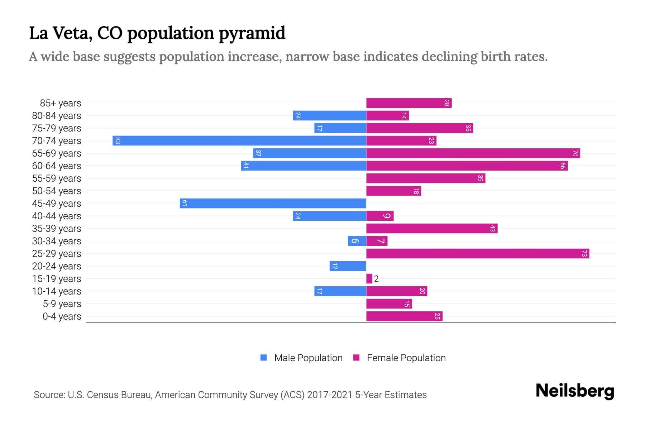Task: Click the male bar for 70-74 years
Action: [239, 140]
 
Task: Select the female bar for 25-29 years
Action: [478, 253]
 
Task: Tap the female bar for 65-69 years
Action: [473, 153]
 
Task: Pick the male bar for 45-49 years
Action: [273, 203]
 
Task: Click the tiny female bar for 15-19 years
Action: [369, 278]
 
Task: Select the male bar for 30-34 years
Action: [357, 241]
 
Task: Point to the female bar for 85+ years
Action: [409, 103]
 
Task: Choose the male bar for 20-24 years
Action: [348, 266]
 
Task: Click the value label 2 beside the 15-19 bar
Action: [376, 279]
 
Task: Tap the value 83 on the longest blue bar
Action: [118, 140]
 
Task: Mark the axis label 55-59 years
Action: [57, 178]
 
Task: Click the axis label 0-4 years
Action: [62, 316]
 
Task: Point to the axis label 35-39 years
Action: [57, 229]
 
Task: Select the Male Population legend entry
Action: [308, 358]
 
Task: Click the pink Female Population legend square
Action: [356, 358]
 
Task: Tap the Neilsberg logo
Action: [575, 391]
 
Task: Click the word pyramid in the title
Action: [252, 33]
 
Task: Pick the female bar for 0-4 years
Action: [404, 316]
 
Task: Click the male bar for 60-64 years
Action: [304, 166]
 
